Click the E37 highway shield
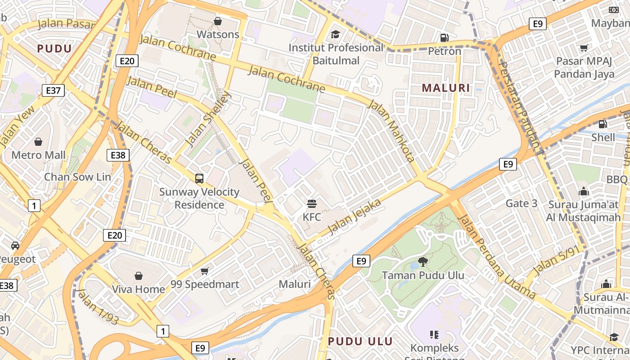coord(53,90)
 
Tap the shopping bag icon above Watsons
coord(218,21)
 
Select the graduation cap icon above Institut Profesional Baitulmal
coord(335,34)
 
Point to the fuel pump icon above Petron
coord(444,38)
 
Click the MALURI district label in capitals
coord(446,88)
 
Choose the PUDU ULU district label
coord(360,341)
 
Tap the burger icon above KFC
coord(311,203)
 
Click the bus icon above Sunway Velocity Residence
coord(199,179)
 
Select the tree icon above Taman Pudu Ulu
coord(423,261)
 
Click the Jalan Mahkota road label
coord(391,131)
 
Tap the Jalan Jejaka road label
coord(355,216)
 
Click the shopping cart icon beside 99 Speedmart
coord(205,271)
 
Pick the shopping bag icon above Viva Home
coord(138,275)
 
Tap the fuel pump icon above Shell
coord(603,124)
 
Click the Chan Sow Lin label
coord(77,177)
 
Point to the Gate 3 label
coord(522,203)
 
